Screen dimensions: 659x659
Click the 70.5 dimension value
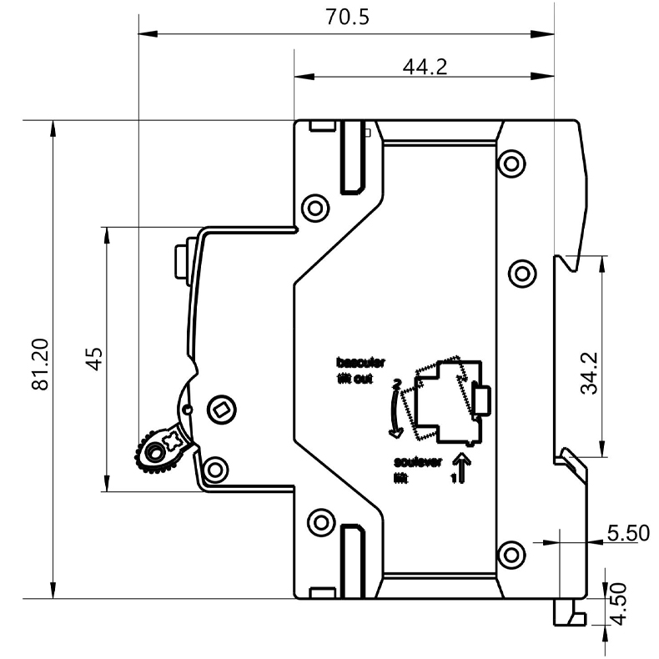(345, 18)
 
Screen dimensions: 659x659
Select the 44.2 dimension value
(425, 67)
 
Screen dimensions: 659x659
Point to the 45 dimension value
(94, 359)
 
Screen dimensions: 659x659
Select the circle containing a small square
(220, 409)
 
